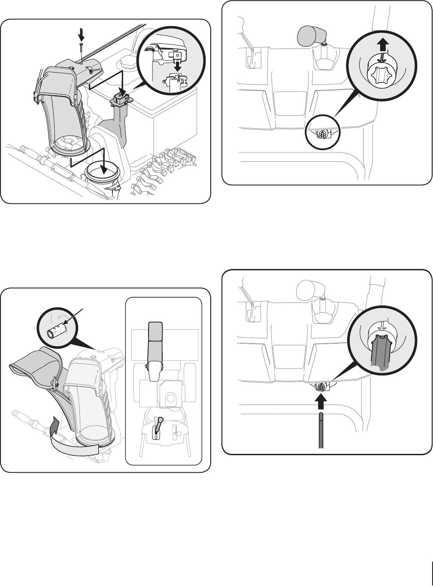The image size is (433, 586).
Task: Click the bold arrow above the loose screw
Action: click(x=80, y=33)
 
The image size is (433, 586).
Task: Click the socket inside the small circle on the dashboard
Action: click(x=321, y=134)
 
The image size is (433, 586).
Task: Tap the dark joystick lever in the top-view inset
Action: click(x=158, y=425)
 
